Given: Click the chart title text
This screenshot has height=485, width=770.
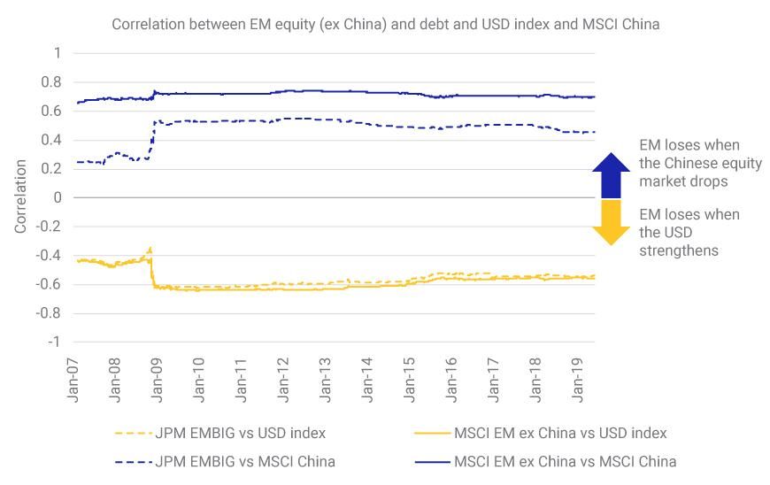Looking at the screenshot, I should point(385,24).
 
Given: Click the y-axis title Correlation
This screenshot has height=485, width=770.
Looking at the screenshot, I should point(20,196).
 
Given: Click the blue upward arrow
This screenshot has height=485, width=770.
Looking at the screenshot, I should point(610,174).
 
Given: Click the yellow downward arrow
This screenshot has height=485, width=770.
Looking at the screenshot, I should point(610,221).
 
